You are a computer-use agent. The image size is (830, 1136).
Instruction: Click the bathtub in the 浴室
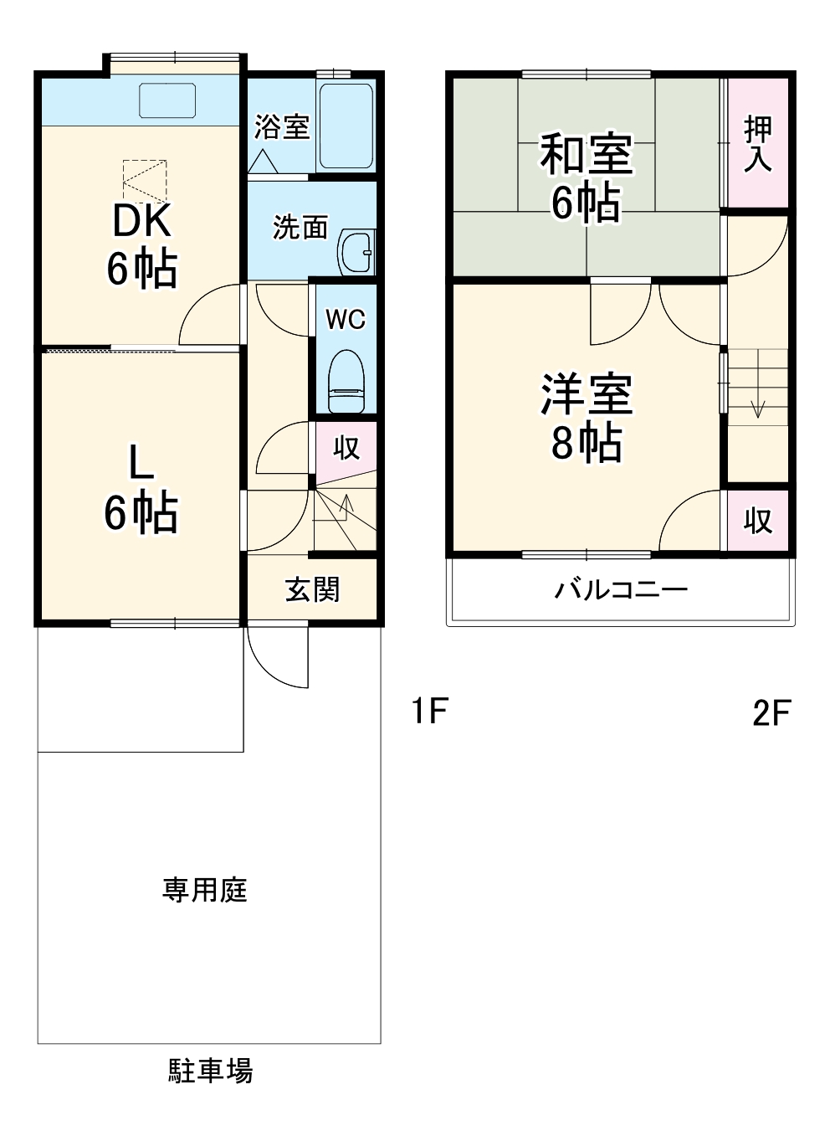click(x=346, y=126)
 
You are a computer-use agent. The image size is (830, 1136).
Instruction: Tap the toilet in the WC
click(x=346, y=381)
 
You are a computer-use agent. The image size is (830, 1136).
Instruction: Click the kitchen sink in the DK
click(x=167, y=100)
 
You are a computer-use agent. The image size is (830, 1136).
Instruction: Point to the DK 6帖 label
click(x=141, y=245)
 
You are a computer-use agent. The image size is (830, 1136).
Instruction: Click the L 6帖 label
click(x=141, y=489)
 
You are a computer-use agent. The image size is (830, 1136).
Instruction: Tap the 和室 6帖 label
click(x=586, y=177)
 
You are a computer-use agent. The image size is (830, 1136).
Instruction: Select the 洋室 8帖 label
click(x=586, y=418)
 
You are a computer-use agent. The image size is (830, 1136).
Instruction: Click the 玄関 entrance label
click(x=312, y=589)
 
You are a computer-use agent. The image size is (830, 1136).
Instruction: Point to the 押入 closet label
click(x=757, y=143)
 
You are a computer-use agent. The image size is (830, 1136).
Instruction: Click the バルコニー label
click(x=621, y=590)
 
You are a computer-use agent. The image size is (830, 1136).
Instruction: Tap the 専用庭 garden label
click(x=205, y=889)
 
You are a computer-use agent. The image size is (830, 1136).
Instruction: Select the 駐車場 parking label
click(x=211, y=1071)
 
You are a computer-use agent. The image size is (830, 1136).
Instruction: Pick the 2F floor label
click(x=771, y=713)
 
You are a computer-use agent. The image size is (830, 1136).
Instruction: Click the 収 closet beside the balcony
click(x=757, y=521)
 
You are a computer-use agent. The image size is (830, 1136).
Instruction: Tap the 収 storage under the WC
click(x=346, y=447)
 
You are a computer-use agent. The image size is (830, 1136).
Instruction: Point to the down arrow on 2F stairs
click(x=758, y=408)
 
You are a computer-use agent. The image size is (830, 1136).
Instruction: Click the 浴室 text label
click(x=282, y=127)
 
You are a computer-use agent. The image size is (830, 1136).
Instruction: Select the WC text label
click(x=346, y=319)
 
